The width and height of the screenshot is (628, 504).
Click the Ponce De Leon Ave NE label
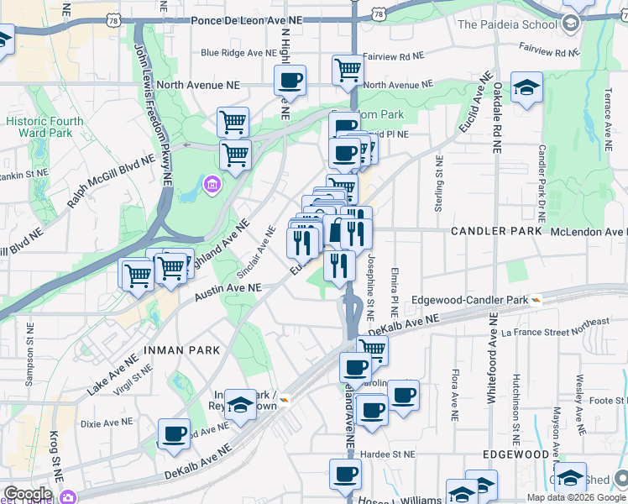[246, 18]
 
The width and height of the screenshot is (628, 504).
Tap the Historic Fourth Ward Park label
[44, 127]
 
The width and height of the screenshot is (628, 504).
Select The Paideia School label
[507, 24]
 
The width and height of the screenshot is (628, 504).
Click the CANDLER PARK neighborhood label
[492, 230]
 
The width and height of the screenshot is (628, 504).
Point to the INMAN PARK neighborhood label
[181, 349]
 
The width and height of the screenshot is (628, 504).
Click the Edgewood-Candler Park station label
[470, 300]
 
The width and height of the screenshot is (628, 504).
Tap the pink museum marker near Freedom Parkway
[212, 184]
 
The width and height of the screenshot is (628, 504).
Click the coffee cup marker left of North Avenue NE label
[290, 81]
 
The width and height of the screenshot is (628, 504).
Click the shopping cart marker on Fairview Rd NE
[348, 71]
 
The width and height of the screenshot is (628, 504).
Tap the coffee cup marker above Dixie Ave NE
[174, 433]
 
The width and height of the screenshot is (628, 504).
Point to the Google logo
[28, 494]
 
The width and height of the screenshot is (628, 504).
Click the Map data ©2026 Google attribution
[576, 497]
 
